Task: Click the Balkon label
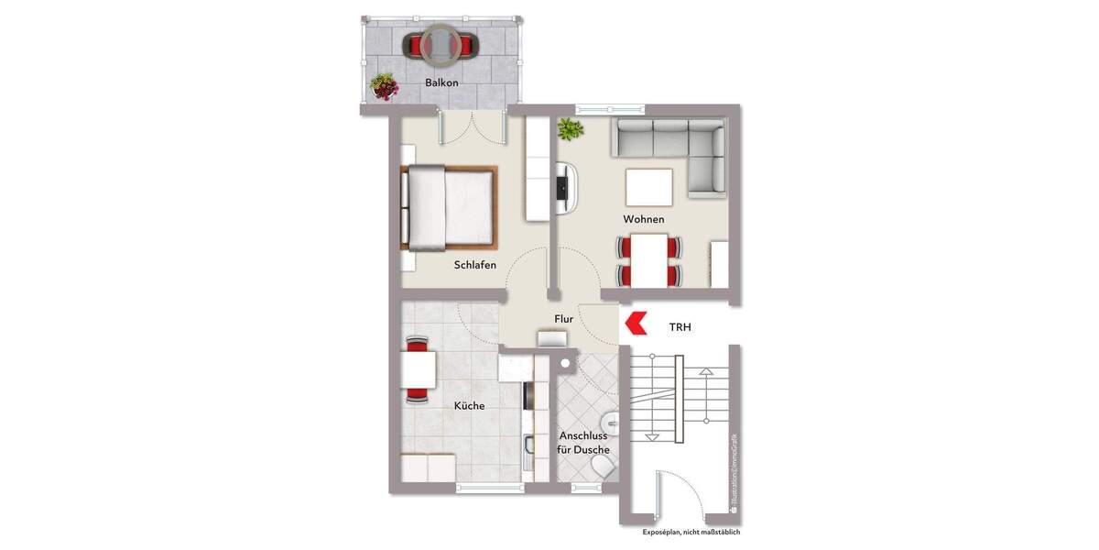pos(441,82)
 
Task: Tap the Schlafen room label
pos(475,266)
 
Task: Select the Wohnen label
pos(644,220)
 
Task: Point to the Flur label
pos(564,319)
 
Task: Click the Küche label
pos(469,405)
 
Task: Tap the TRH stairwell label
pos(680,325)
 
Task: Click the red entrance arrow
pos(635,323)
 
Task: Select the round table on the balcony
pos(441,44)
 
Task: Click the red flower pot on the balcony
pos(385,87)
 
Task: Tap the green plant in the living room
pos(571,129)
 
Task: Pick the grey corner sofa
pos(673,147)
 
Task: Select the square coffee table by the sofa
pos(649,187)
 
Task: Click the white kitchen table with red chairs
pos(418,369)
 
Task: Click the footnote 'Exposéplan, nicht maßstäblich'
pos(691,532)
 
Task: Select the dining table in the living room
pos(649,260)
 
